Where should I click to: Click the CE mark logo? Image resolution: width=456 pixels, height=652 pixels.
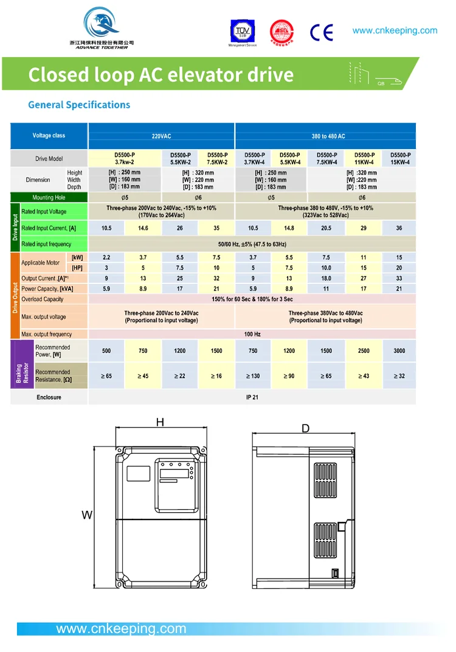click(x=321, y=32)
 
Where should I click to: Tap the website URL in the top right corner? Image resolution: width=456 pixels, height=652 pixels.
click(x=395, y=30)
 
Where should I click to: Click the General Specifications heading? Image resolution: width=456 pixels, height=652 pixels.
click(x=79, y=105)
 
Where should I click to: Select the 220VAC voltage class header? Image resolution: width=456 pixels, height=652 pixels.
click(x=161, y=136)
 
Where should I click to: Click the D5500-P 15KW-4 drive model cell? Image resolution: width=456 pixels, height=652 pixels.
click(x=400, y=159)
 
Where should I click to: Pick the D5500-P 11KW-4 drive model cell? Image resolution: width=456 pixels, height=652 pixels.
click(x=364, y=159)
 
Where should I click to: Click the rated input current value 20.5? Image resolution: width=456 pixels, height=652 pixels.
click(x=326, y=228)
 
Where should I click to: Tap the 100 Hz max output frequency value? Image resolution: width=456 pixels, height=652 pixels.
click(x=252, y=334)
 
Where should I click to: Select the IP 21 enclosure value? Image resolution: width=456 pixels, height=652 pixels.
click(x=252, y=397)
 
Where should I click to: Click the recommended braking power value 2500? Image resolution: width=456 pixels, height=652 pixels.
click(x=364, y=350)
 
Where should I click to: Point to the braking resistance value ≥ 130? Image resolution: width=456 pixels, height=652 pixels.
click(x=253, y=376)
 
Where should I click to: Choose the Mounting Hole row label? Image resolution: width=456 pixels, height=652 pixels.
click(x=49, y=198)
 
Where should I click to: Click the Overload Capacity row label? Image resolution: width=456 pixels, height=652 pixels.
click(x=43, y=299)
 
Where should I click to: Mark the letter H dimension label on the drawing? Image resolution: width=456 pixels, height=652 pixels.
click(x=160, y=422)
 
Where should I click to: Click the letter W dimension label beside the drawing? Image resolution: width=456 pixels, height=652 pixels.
click(x=87, y=515)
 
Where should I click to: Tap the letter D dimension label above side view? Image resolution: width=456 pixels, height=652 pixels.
click(x=305, y=429)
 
